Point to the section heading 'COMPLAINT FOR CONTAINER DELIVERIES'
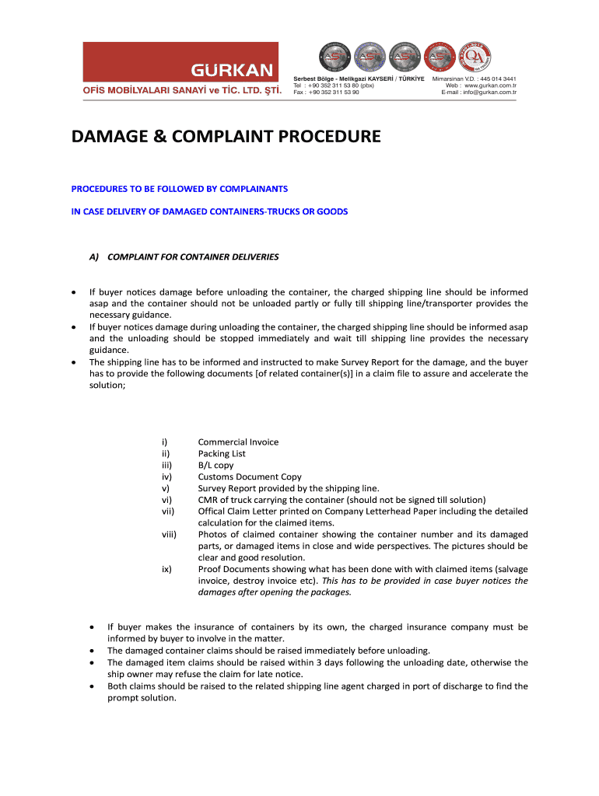[193, 257]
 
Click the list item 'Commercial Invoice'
[238, 442]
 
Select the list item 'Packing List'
[222, 454]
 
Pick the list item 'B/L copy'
[215, 466]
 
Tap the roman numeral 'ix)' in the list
[166, 569]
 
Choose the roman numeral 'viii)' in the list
[169, 535]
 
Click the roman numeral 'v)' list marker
[166, 489]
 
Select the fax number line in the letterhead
[326, 93]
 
